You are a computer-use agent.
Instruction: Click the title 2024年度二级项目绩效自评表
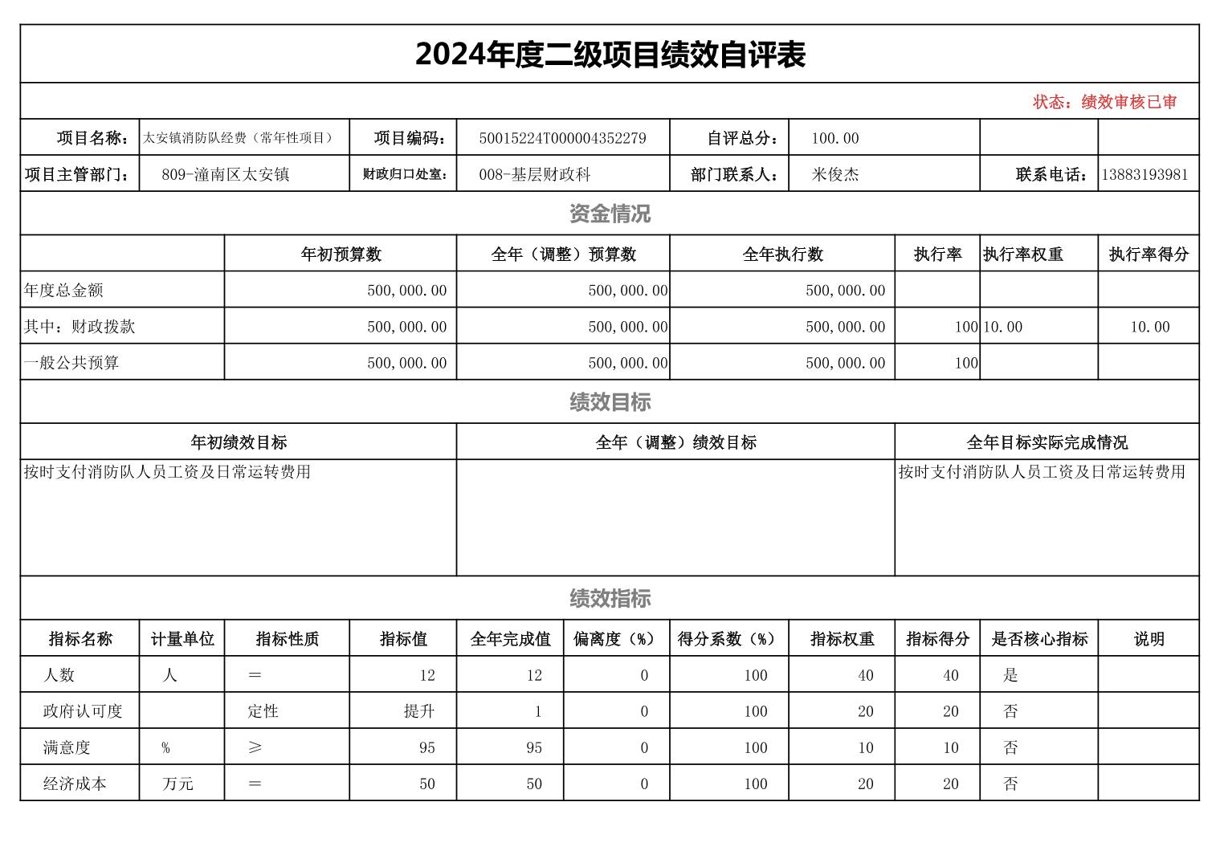[x=610, y=55]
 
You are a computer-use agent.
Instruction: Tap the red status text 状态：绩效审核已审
[x=1104, y=102]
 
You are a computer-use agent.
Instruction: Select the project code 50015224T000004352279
[x=562, y=138]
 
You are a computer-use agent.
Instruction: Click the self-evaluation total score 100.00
[x=834, y=138]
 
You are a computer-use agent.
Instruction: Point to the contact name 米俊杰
[x=835, y=174]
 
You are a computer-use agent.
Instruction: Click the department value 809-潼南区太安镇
[x=225, y=174]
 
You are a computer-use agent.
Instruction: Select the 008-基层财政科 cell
[x=534, y=174]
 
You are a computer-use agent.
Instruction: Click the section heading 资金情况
[x=610, y=214]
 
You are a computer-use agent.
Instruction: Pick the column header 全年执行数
[x=782, y=254]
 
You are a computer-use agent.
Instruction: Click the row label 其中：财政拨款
[x=80, y=327]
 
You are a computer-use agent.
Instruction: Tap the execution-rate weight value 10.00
[x=1002, y=327]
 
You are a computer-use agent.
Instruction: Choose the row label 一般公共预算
[x=71, y=363]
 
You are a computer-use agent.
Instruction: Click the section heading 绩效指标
[x=610, y=598]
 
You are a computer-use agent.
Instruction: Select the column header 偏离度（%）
[x=616, y=639]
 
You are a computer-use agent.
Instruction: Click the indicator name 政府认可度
[x=83, y=711]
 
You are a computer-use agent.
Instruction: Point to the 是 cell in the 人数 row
[x=1010, y=675]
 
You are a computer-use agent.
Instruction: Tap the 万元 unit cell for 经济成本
[x=177, y=784]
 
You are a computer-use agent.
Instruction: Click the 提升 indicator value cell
[x=419, y=711]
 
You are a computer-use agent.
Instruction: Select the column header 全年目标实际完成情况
[x=1047, y=442]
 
